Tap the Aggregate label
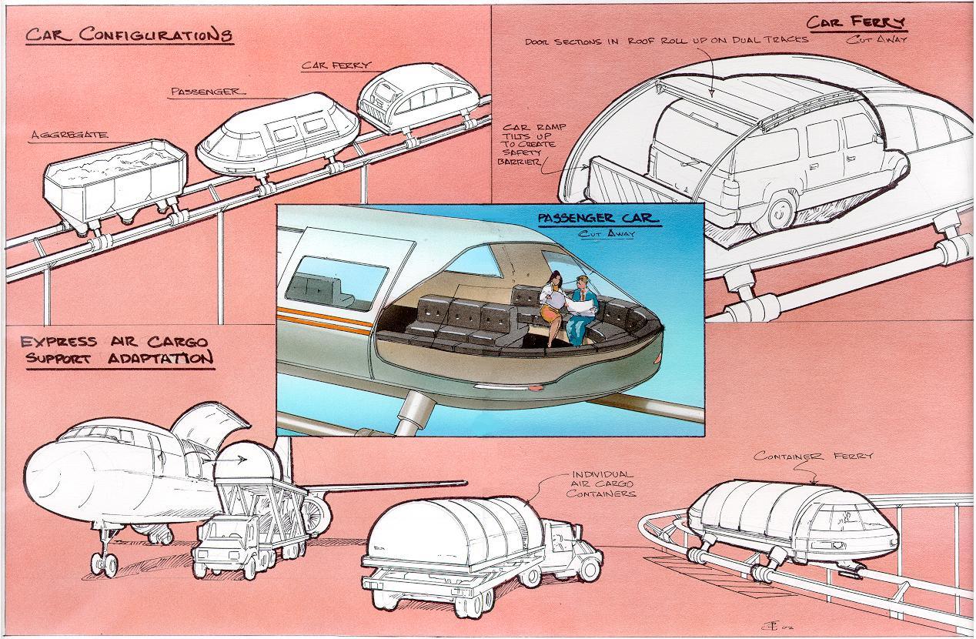(69, 135)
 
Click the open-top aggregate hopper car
(115, 181)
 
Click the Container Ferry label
(814, 456)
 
